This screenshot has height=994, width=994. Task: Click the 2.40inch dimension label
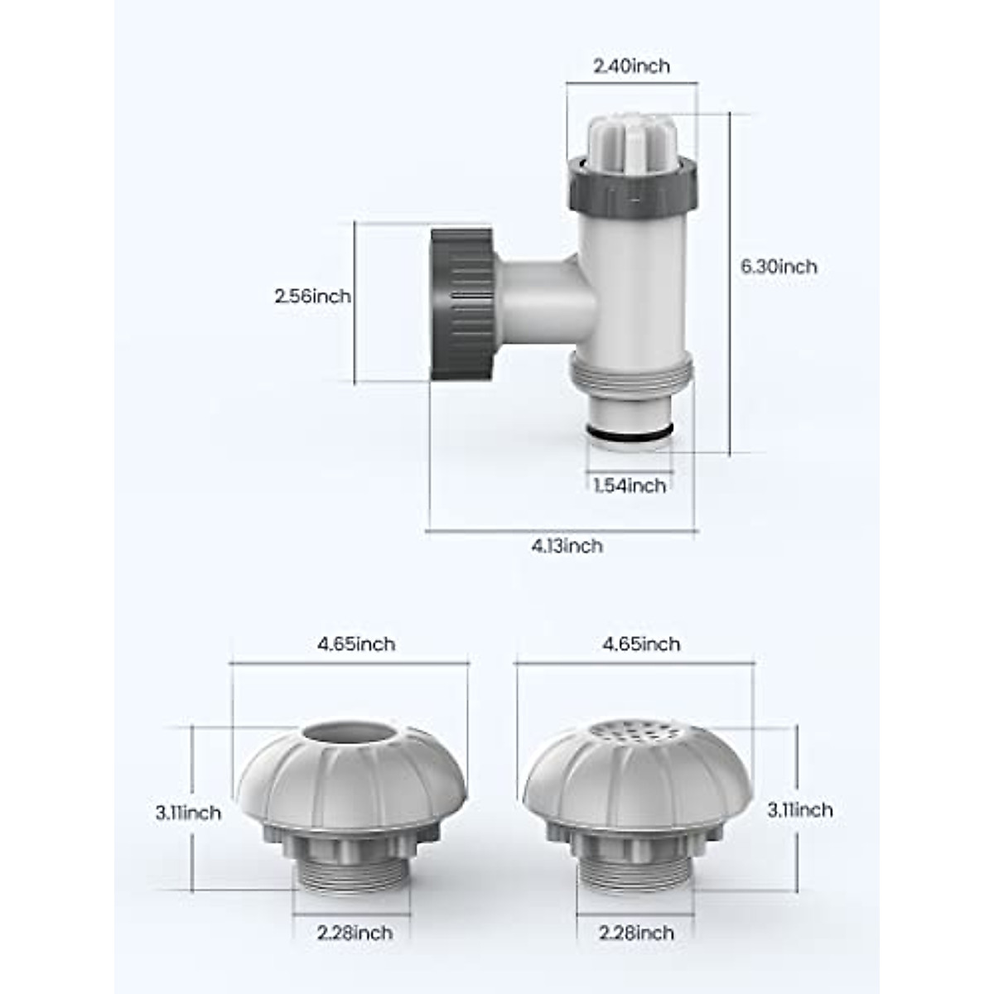(x=631, y=66)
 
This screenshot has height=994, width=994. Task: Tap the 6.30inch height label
(x=779, y=268)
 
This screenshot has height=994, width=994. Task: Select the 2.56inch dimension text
(x=313, y=297)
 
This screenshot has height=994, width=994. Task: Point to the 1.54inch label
(x=630, y=486)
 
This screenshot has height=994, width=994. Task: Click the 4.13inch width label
(x=567, y=546)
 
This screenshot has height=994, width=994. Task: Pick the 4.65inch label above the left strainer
(x=356, y=644)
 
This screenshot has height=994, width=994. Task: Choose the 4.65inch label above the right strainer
(x=641, y=644)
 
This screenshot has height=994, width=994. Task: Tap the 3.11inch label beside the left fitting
(x=188, y=813)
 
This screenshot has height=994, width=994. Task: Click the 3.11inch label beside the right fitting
(x=800, y=810)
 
